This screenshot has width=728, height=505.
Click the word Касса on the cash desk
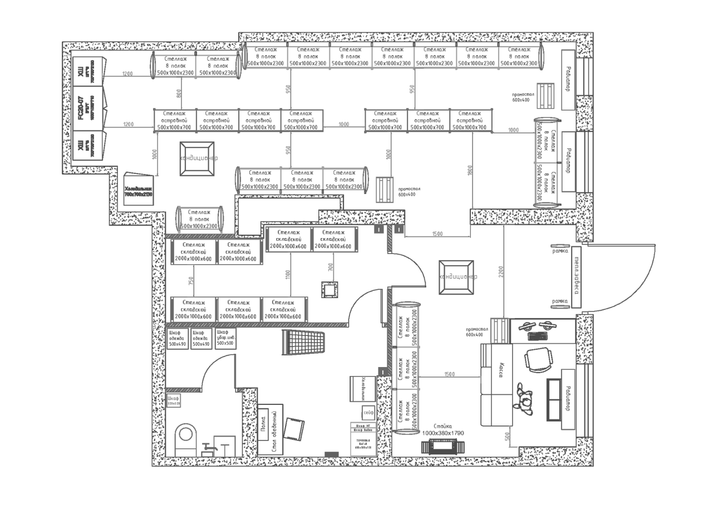tap(500, 370)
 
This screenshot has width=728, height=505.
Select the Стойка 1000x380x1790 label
tap(442, 429)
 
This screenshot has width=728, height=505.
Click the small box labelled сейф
tap(368, 413)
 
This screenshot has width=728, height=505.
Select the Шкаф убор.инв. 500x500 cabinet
tap(225, 338)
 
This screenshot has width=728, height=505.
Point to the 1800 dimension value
tap(470, 171)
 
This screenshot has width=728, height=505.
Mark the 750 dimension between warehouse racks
tap(191, 282)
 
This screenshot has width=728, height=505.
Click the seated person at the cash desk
tap(524, 397)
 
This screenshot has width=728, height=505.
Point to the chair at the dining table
tap(293, 428)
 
